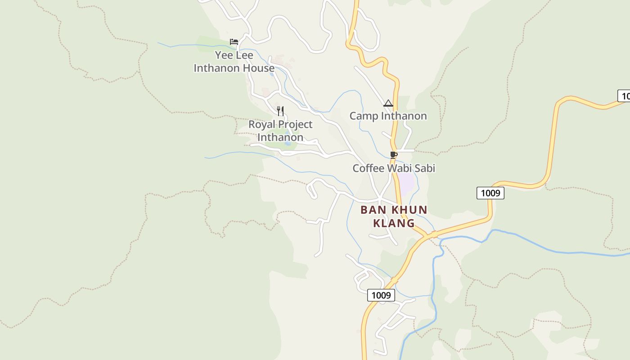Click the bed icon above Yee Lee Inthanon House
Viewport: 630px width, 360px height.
(x=234, y=42)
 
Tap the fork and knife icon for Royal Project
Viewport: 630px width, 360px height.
(x=280, y=111)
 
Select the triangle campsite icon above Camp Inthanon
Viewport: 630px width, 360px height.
(x=388, y=103)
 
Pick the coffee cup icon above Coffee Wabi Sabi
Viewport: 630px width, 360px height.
(x=394, y=155)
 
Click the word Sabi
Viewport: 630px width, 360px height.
(x=425, y=168)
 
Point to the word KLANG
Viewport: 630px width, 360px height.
(x=394, y=223)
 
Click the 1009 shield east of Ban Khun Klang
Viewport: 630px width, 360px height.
(x=490, y=193)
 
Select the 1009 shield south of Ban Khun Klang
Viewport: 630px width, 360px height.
(x=381, y=295)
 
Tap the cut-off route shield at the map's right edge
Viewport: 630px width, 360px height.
(x=624, y=95)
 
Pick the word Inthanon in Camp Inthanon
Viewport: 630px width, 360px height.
(x=404, y=116)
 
